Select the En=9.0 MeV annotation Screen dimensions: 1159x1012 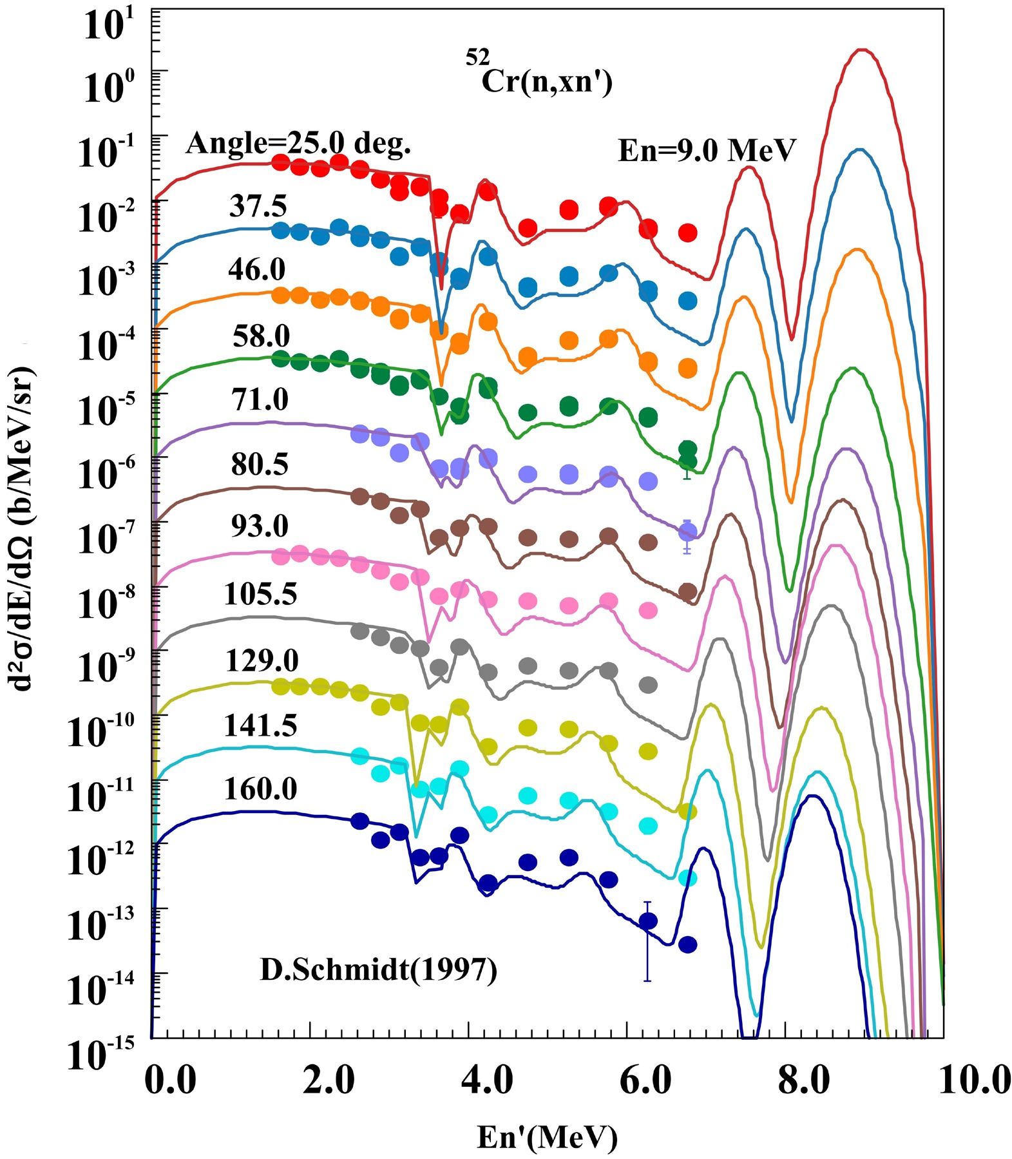(707, 151)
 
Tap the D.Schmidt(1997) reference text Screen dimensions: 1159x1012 (378, 970)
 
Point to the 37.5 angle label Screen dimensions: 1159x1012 (258, 207)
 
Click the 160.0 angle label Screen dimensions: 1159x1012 (260, 789)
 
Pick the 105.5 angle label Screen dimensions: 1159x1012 (260, 593)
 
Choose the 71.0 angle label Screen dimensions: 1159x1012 (260, 399)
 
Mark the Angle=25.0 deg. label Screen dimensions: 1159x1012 (298, 143)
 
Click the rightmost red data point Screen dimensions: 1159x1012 (688, 233)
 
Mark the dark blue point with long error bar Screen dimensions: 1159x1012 (647, 921)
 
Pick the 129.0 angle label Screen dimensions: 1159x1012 (262, 661)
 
